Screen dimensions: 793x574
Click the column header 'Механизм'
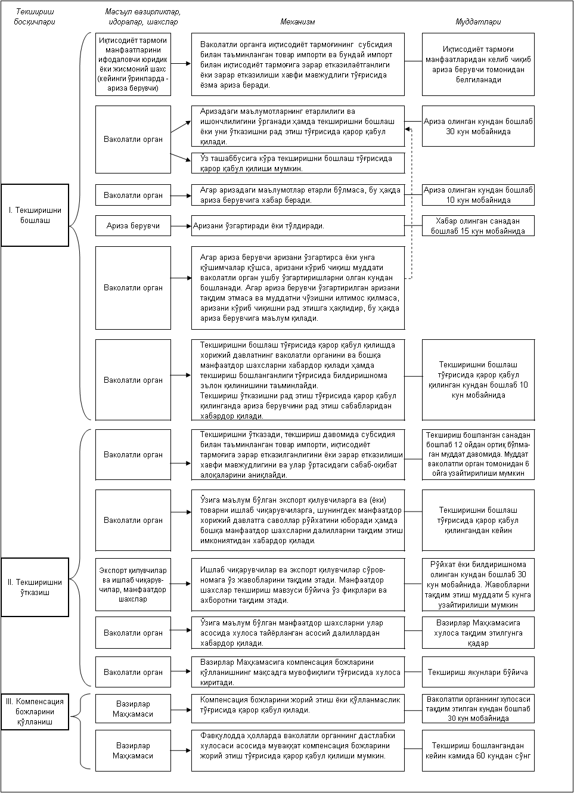pyautogui.click(x=297, y=22)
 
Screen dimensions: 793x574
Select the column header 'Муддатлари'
pyautogui.click(x=478, y=22)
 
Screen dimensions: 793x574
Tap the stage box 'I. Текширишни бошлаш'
pyautogui.click(x=35, y=215)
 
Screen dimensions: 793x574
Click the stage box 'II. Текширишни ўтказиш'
pyautogui.click(x=35, y=587)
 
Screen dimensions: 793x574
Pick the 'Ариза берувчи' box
pyautogui.click(x=133, y=226)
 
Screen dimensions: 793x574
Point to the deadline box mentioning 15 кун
pyautogui.click(x=478, y=226)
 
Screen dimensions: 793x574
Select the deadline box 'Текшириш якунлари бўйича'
pyautogui.click(x=478, y=672)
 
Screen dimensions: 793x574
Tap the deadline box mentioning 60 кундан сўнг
pyautogui.click(x=478, y=751)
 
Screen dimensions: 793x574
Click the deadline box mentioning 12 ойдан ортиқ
pyautogui.click(x=478, y=454)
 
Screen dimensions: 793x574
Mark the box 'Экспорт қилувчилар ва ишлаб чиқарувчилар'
pyautogui.click(x=133, y=584)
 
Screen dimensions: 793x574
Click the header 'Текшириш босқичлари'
pyautogui.click(x=35, y=17)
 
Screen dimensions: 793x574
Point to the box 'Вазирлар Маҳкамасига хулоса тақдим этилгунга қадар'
pyautogui.click(x=478, y=633)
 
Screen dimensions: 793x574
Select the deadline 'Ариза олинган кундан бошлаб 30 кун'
pyautogui.click(x=478, y=126)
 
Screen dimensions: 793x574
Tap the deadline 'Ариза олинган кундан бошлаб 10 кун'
pyautogui.click(x=478, y=195)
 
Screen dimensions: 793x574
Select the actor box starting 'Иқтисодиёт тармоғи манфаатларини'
pyautogui.click(x=133, y=64)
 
